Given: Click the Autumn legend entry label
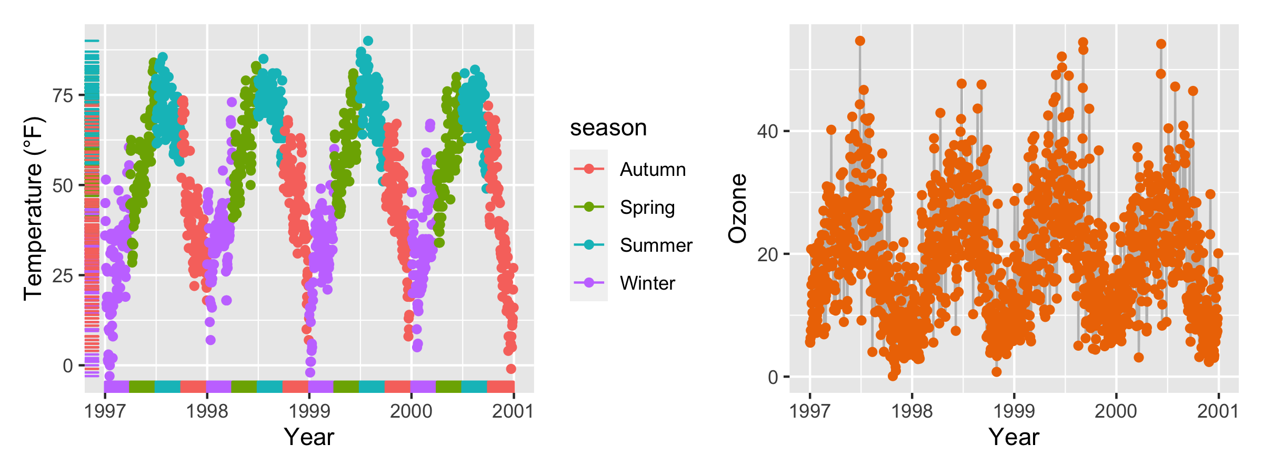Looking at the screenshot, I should [x=653, y=170].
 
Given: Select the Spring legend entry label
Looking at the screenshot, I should [x=647, y=208].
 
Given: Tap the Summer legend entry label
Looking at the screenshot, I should [x=656, y=245].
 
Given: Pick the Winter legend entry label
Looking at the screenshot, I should [x=647, y=283].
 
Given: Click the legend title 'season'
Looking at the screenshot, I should [x=608, y=128].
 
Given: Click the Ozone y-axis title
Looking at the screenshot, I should [x=738, y=209].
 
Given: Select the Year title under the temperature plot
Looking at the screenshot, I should [x=309, y=437].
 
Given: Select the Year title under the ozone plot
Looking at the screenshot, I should [x=1014, y=437].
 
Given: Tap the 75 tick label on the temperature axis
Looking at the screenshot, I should [x=63, y=95].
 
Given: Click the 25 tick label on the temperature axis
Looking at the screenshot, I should [x=63, y=275].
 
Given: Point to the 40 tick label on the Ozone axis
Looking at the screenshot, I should [x=767, y=131].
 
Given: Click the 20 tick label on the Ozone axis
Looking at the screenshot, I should [x=767, y=254].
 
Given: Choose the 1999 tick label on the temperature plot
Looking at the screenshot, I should [x=309, y=411].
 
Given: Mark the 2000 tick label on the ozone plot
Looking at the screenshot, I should [x=1116, y=411].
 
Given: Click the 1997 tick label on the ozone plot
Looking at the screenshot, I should [x=810, y=411].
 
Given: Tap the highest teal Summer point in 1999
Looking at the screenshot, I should [x=368, y=41].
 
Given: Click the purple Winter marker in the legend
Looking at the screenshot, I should [x=589, y=283].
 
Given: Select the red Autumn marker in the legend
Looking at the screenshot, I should [x=589, y=169].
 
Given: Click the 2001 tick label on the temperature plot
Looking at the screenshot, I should [x=513, y=411].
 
